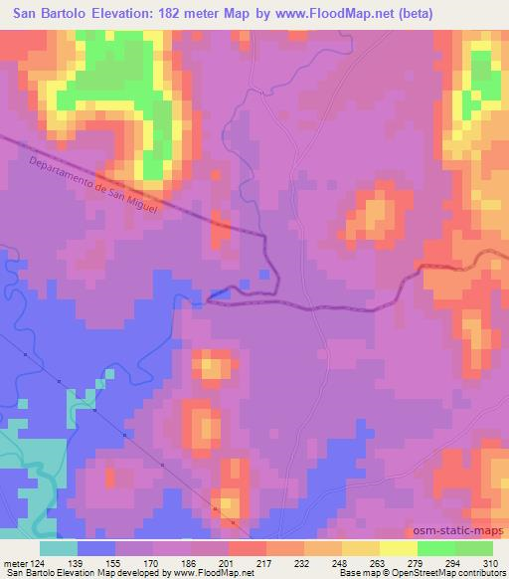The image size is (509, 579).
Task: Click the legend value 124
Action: (38, 562)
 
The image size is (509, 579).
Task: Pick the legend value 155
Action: (114, 562)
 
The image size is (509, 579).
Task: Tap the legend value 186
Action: (189, 562)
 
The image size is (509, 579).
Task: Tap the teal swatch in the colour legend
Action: (59, 548)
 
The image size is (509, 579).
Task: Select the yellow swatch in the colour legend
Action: (398, 548)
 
